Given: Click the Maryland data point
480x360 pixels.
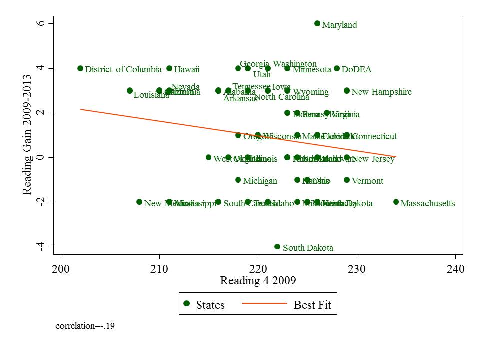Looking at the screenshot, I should click(317, 23).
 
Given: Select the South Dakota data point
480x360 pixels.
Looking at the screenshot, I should click(277, 247).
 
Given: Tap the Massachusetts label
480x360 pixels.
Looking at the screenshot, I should click(428, 203).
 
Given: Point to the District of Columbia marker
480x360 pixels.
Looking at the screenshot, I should click(80, 68).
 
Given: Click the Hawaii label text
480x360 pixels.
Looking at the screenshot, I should click(187, 69).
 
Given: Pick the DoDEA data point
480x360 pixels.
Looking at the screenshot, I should click(337, 68).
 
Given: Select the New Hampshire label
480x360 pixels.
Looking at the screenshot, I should click(381, 92).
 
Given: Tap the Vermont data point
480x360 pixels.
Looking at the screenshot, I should click(347, 180).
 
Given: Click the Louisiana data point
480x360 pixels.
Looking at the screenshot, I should click(130, 91).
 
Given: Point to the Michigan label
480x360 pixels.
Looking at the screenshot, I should click(260, 181).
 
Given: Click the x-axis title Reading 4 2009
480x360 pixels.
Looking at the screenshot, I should click(258, 281).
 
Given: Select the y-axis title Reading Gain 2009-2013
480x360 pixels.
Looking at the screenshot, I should click(29, 135).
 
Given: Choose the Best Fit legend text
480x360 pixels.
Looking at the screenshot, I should click(312, 305).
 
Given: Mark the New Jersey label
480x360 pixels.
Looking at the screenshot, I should click(373, 159).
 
